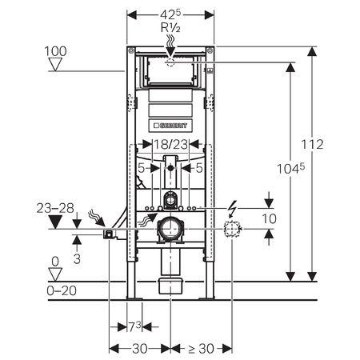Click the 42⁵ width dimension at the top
pyautogui.click(x=170, y=15)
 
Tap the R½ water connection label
pyautogui.click(x=170, y=27)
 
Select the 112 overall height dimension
pyautogui.click(x=312, y=145)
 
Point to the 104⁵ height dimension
pyautogui.click(x=290, y=169)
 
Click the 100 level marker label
pyautogui.click(x=55, y=51)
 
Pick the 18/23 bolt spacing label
pyautogui.click(x=170, y=145)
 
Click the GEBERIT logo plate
pyautogui.click(x=170, y=126)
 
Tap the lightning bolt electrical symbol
pyautogui.click(x=232, y=209)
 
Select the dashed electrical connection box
pyautogui.click(x=232, y=229)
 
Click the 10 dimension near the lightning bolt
pyautogui.click(x=270, y=218)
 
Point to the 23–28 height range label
pyautogui.click(x=55, y=208)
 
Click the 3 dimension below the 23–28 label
pyautogui.click(x=77, y=258)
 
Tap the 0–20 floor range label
pyautogui.click(x=62, y=290)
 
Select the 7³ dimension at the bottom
pyautogui.click(x=134, y=327)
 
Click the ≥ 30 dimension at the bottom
pyautogui.click(x=202, y=349)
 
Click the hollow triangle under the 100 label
pyautogui.click(x=55, y=65)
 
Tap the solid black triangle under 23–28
pyautogui.click(x=55, y=222)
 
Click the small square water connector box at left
pyautogui.click(x=108, y=234)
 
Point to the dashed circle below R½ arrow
pyautogui.click(x=170, y=62)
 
